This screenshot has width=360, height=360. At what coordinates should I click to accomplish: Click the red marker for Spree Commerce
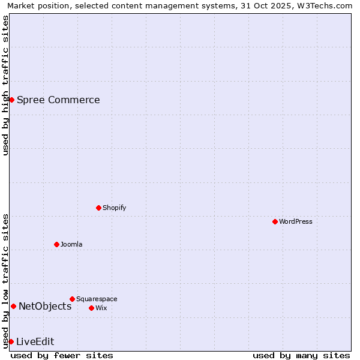click(11, 100)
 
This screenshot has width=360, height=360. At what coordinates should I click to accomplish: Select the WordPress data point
click(275, 221)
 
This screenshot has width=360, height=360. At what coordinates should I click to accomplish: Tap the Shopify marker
click(98, 208)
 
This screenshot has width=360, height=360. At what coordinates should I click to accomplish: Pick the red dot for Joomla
click(56, 244)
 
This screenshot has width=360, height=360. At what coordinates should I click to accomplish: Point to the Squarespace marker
click(72, 299)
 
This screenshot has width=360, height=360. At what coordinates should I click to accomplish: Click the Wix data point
click(91, 308)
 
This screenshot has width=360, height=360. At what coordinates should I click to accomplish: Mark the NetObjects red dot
click(13, 307)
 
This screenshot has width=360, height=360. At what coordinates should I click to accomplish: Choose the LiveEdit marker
click(11, 341)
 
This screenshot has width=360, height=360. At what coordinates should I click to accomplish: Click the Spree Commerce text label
click(58, 100)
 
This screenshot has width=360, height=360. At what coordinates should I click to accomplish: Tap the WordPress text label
click(296, 221)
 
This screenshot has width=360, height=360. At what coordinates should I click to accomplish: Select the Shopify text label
click(114, 208)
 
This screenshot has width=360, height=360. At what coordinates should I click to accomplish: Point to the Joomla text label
click(71, 244)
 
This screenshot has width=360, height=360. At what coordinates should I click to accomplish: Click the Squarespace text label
click(97, 299)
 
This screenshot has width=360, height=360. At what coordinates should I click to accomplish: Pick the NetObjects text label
click(45, 307)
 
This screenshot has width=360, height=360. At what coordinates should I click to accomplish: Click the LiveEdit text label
click(35, 341)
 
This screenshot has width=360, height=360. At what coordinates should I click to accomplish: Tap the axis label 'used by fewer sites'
click(62, 355)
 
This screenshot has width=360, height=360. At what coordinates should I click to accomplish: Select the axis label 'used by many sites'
click(301, 355)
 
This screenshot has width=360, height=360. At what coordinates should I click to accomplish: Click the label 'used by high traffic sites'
click(5, 85)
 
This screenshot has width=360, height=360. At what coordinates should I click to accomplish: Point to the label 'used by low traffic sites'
click(5, 281)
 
